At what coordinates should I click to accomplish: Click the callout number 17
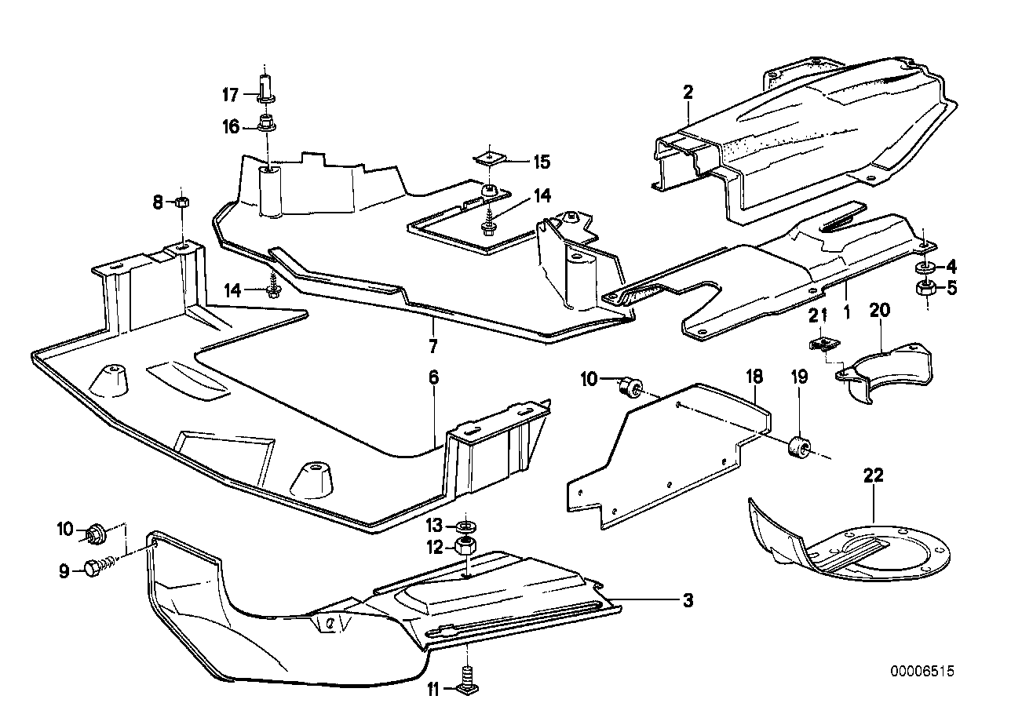[229, 96]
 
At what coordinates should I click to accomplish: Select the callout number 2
[688, 93]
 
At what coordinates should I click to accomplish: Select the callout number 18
[754, 377]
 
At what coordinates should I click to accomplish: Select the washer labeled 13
[465, 524]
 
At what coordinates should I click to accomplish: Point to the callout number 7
[433, 346]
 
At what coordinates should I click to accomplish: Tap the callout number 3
[688, 602]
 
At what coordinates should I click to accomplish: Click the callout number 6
[433, 377]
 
